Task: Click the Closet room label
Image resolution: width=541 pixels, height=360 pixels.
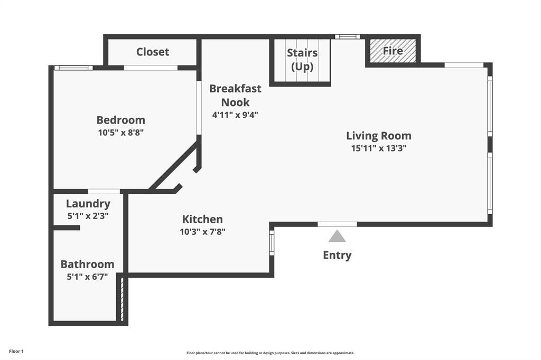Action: click(x=153, y=52)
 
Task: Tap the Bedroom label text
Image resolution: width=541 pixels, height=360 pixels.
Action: click(x=120, y=120)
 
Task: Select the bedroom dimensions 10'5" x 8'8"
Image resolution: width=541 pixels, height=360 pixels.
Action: click(x=120, y=132)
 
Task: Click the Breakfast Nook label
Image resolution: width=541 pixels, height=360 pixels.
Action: click(x=235, y=95)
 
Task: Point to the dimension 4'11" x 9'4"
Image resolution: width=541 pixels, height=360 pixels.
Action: click(x=235, y=115)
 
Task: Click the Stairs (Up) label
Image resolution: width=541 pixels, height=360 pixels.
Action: click(x=302, y=60)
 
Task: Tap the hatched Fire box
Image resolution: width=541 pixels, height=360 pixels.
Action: click(x=393, y=51)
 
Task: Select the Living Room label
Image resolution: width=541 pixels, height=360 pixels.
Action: click(x=378, y=136)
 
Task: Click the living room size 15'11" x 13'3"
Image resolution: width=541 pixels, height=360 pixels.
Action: click(x=378, y=148)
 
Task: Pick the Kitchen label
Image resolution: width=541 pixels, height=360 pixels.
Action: click(x=202, y=219)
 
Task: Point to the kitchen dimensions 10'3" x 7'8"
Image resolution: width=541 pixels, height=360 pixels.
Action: click(x=202, y=231)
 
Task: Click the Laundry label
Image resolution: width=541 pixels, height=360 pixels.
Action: click(x=88, y=203)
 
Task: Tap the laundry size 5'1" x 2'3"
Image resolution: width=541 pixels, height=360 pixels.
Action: click(x=88, y=215)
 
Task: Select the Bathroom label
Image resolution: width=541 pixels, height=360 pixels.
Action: click(x=87, y=264)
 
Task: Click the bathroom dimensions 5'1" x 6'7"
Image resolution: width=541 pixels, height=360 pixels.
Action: click(x=87, y=276)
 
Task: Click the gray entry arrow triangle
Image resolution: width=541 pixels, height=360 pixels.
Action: click(x=337, y=236)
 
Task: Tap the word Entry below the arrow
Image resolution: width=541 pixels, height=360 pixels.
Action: click(x=337, y=255)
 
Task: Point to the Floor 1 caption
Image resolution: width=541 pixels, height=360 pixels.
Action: click(x=16, y=351)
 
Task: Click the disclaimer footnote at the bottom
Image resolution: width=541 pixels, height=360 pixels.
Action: click(x=270, y=353)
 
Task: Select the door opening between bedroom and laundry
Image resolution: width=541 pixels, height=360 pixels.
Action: click(x=104, y=191)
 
